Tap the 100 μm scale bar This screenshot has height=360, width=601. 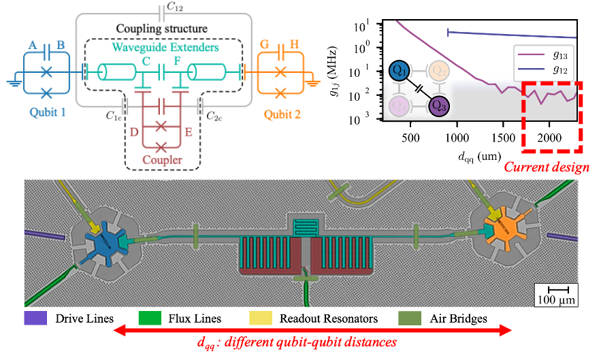pos(557,293)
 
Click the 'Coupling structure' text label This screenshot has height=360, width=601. pos(161,30)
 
